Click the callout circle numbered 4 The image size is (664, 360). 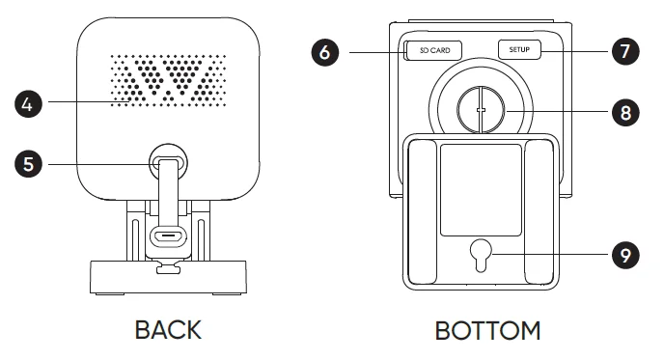(28, 104)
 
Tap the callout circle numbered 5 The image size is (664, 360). (28, 164)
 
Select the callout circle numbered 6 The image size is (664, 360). (325, 52)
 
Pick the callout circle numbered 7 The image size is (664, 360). (625, 51)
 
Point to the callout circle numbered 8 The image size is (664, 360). (625, 113)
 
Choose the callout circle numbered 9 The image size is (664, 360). (625, 255)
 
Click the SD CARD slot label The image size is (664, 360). (434, 50)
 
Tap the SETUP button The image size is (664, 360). (519, 49)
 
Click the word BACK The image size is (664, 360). (168, 330)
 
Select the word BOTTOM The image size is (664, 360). (487, 331)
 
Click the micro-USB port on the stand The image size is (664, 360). (169, 235)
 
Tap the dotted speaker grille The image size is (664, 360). (168, 80)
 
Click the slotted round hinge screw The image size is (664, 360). (481, 110)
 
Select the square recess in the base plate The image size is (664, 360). (481, 190)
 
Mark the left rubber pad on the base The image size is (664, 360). (422, 212)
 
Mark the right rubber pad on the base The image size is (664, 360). (539, 212)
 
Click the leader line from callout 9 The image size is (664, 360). (552, 254)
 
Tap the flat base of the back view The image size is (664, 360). (168, 277)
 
